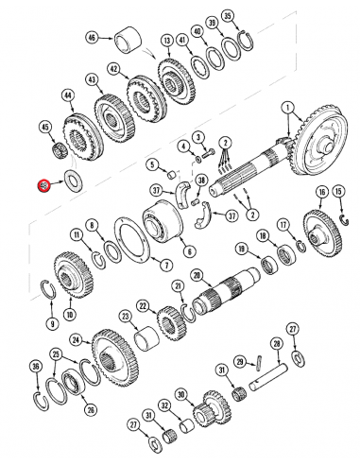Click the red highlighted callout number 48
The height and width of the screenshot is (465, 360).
pos(42,186)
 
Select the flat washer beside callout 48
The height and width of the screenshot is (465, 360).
pos(72,180)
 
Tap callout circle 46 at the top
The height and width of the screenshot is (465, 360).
pos(92,38)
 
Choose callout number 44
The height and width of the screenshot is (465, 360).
pos(67,95)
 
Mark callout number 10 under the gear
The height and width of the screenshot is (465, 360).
pos(67,314)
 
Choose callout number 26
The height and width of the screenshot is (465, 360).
pos(90,409)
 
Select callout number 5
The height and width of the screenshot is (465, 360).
pos(150,163)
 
